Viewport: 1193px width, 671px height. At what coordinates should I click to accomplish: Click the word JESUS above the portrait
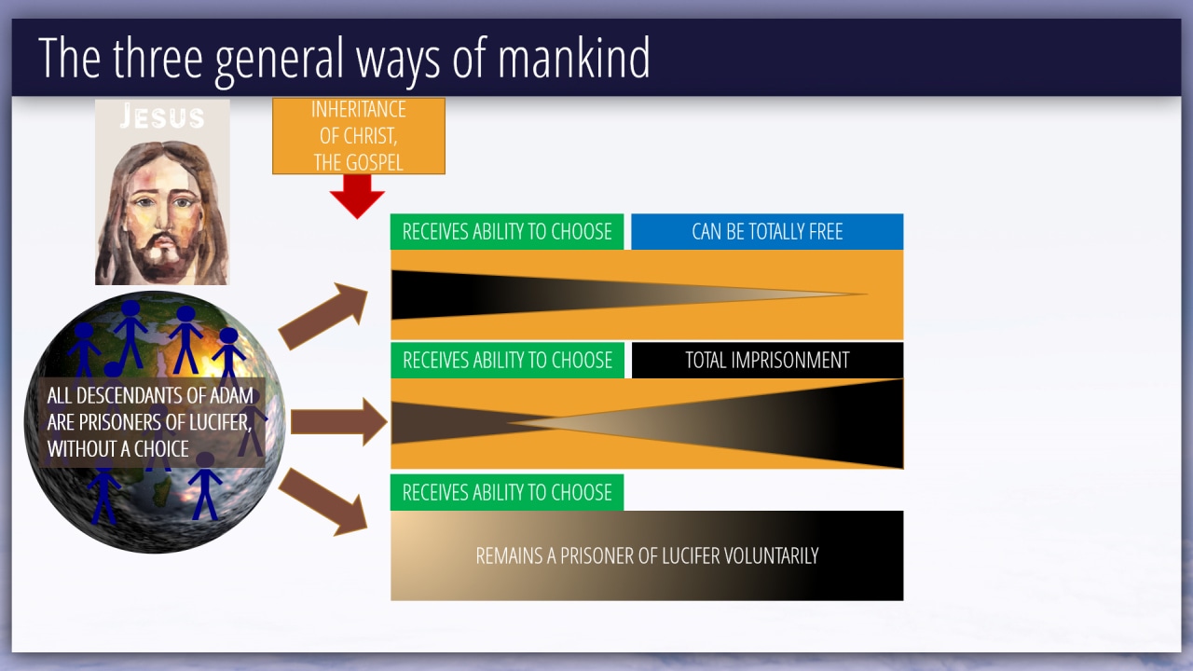[x=162, y=117]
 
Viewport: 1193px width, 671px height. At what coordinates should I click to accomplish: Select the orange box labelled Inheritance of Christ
[x=359, y=135]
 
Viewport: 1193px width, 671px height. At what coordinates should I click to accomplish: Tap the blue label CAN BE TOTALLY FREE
[x=767, y=232]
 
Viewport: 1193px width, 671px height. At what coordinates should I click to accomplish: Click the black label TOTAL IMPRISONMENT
[x=767, y=361]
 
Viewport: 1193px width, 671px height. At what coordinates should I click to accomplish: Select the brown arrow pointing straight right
[x=338, y=422]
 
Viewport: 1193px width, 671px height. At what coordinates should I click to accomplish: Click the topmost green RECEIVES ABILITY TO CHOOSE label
[x=507, y=232]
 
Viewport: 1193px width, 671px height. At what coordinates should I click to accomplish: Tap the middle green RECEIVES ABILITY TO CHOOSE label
[x=507, y=361]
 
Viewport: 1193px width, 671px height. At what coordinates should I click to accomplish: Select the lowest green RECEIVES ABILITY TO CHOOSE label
[x=507, y=493]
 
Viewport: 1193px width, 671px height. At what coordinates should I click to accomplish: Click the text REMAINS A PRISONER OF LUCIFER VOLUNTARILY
[x=647, y=556]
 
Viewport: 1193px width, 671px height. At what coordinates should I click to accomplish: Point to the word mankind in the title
[x=573, y=59]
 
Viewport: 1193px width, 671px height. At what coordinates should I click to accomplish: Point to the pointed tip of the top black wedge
[x=865, y=294]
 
